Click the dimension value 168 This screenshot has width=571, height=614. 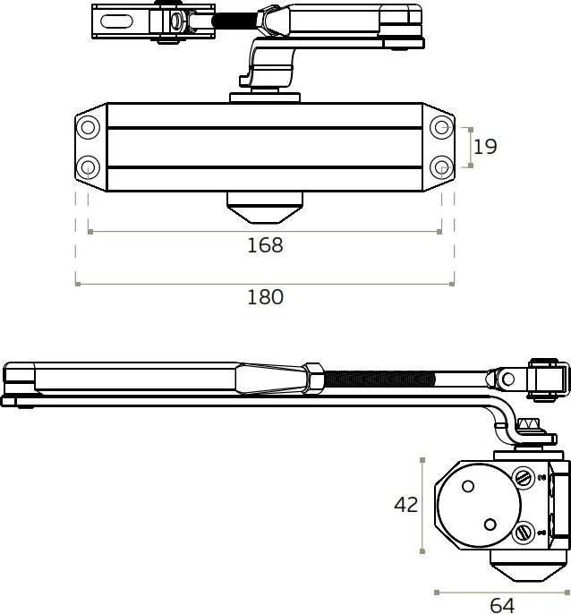[x=265, y=245]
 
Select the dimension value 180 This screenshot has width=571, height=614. [x=265, y=297]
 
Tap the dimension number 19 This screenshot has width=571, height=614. [x=485, y=147]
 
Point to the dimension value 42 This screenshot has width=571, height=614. [x=406, y=505]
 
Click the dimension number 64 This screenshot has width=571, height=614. [x=502, y=605]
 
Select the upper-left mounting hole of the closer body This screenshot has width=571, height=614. [x=88, y=127]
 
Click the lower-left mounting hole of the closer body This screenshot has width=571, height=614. [x=88, y=166]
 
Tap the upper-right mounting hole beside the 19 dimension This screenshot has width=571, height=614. [x=440, y=127]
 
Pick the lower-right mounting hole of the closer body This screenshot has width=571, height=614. [x=440, y=166]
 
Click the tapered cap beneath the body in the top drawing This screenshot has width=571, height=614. [x=265, y=209]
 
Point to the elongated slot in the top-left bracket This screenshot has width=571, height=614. [x=124, y=20]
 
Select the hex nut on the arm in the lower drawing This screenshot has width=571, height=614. [x=313, y=377]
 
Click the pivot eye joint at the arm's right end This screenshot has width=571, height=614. [x=508, y=378]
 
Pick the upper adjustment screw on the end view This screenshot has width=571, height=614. [x=523, y=479]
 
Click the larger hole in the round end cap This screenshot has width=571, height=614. [x=467, y=486]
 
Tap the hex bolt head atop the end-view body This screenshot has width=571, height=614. [x=529, y=426]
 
